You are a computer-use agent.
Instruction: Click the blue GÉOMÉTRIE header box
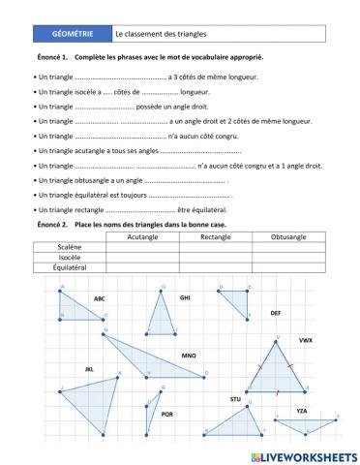point(73,34)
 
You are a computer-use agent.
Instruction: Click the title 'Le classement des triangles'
point(155,34)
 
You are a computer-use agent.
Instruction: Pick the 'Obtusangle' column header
point(288,236)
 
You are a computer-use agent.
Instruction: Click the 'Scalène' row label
point(70,247)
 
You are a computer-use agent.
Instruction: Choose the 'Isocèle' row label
point(70,258)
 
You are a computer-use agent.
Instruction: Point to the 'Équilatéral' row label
point(70,267)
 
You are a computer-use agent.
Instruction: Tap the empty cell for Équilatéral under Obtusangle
point(288,267)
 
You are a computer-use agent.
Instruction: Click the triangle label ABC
point(100,298)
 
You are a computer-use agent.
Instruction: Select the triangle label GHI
point(185,297)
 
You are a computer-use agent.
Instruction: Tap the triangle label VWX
point(305,341)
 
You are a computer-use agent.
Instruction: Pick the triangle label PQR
point(166,414)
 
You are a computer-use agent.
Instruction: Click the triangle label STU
point(235,399)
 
